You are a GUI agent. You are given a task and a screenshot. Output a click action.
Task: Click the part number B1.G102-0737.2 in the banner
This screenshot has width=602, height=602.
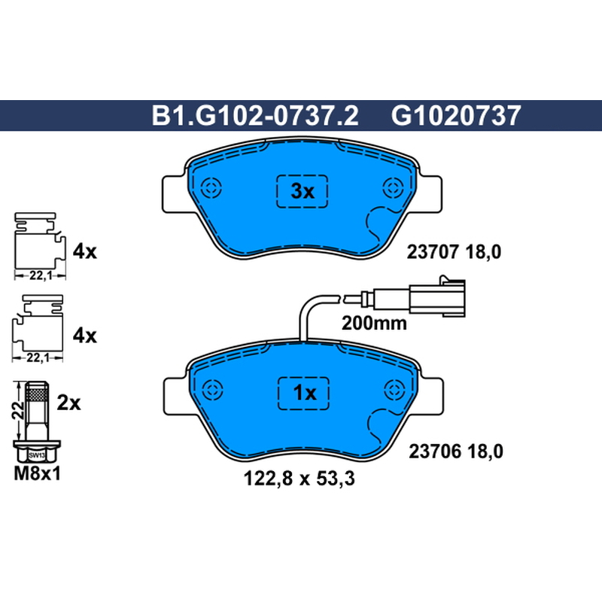pyautogui.click(x=255, y=116)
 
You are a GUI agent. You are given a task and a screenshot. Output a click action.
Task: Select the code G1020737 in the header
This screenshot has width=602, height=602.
pyautogui.click(x=456, y=116)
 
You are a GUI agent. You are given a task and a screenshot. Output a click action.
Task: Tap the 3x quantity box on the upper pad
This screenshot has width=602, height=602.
pyautogui.click(x=303, y=191)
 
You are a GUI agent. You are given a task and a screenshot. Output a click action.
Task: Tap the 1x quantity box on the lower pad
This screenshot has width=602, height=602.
pyautogui.click(x=304, y=393)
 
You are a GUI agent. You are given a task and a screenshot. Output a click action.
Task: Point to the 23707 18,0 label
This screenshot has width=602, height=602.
pyautogui.click(x=454, y=252)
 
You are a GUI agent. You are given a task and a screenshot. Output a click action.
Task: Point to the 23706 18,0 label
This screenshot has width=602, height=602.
pyautogui.click(x=456, y=451)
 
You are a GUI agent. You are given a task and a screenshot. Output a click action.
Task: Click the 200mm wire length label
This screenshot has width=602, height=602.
pyautogui.click(x=374, y=324)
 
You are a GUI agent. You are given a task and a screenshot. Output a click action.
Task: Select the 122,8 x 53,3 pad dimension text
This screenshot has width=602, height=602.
pyautogui.click(x=299, y=479)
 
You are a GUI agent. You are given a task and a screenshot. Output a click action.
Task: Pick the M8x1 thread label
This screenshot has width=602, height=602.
pyautogui.click(x=37, y=474)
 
